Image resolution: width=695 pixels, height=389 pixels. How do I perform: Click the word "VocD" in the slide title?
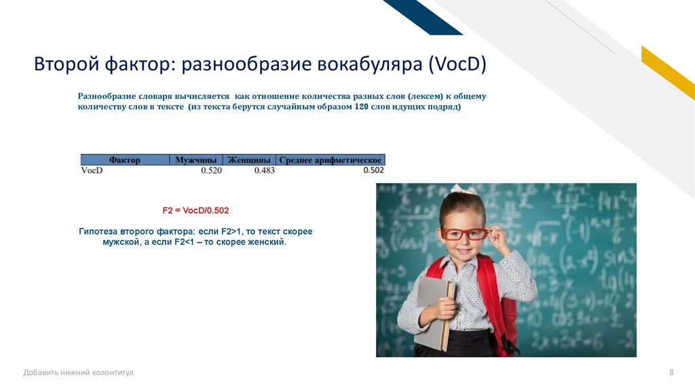(457, 64)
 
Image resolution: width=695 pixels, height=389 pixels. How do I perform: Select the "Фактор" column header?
(125, 160)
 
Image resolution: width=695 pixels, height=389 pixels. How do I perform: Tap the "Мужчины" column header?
(196, 160)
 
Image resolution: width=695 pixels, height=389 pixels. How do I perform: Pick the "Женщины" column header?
(249, 160)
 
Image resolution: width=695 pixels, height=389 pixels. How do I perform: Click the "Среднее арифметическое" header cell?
(331, 160)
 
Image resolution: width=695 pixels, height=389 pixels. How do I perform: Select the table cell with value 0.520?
(211, 170)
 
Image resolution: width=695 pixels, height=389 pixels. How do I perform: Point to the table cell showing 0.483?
(264, 170)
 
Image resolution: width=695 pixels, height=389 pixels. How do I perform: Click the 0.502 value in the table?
(373, 170)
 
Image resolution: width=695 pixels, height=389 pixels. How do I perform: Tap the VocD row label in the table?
(92, 170)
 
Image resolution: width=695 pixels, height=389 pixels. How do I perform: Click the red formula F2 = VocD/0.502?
(195, 211)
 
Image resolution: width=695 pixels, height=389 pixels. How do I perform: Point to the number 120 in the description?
(361, 106)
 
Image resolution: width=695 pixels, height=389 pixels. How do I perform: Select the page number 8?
(671, 372)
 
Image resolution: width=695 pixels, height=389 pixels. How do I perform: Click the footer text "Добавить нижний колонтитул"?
(78, 373)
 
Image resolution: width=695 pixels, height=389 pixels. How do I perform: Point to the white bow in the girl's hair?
(464, 189)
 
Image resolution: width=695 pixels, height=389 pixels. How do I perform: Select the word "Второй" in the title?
(67, 64)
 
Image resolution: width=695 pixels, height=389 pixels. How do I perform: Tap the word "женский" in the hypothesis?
(266, 242)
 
